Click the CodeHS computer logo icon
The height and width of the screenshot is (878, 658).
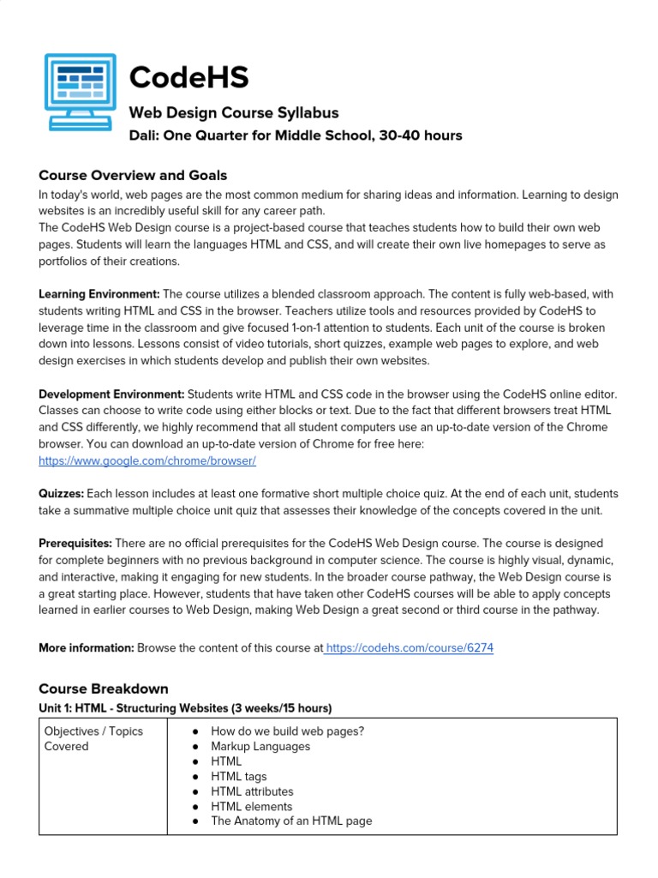[x=81, y=93]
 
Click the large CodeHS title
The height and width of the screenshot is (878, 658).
[x=188, y=77]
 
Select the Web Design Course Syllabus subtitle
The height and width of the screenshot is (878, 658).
[x=233, y=112]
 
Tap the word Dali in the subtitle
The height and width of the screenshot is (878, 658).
[x=144, y=135]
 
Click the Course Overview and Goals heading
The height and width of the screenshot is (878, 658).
[x=133, y=175]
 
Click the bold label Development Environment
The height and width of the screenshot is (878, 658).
[x=111, y=394]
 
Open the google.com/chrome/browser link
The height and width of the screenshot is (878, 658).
[x=147, y=460]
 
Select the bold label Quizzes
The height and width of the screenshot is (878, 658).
[x=61, y=494]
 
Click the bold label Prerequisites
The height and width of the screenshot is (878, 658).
[x=75, y=543]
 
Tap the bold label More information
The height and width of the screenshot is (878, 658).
[x=86, y=648]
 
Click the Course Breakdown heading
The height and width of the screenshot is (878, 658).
[x=104, y=689]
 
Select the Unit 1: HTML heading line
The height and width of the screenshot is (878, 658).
[x=185, y=707]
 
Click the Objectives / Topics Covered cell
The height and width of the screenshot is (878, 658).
[x=93, y=738]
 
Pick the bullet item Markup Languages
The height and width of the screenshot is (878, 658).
[x=260, y=746]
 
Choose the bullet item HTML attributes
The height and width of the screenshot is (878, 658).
[x=252, y=791]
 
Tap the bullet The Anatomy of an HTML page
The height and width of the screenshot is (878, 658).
[x=291, y=821]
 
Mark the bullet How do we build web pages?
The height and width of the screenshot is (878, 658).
[x=287, y=731]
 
